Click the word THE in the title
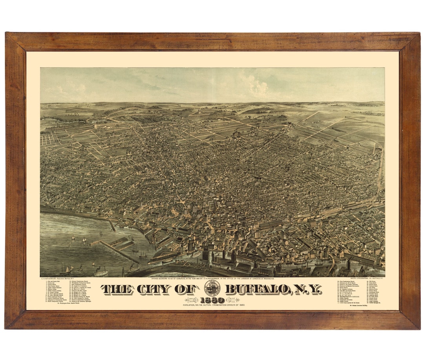click(x=118, y=289)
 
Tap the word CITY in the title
click(x=154, y=289)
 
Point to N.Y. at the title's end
click(x=307, y=289)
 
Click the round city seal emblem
click(x=212, y=289)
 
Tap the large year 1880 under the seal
click(x=212, y=300)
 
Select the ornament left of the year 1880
click(x=192, y=300)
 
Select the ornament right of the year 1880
click(x=232, y=300)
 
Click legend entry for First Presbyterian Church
click(x=349, y=281)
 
